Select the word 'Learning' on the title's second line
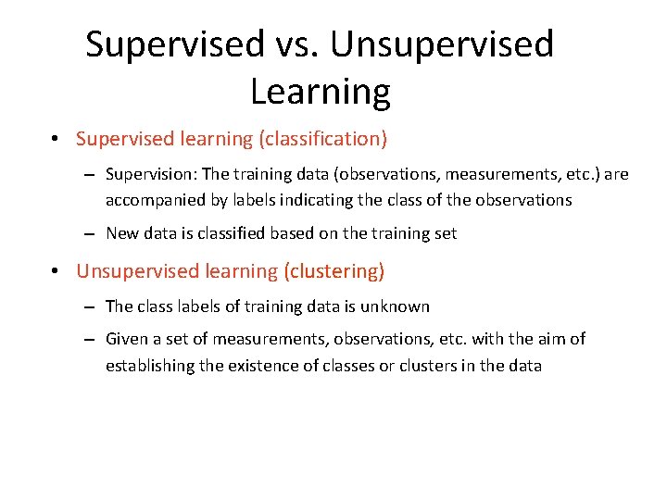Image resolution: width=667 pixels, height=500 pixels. click(x=320, y=93)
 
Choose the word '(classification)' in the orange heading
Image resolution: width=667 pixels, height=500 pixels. click(x=322, y=140)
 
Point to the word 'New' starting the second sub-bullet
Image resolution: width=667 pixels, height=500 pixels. click(x=122, y=233)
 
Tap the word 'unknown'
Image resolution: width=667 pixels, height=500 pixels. click(x=399, y=306)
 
